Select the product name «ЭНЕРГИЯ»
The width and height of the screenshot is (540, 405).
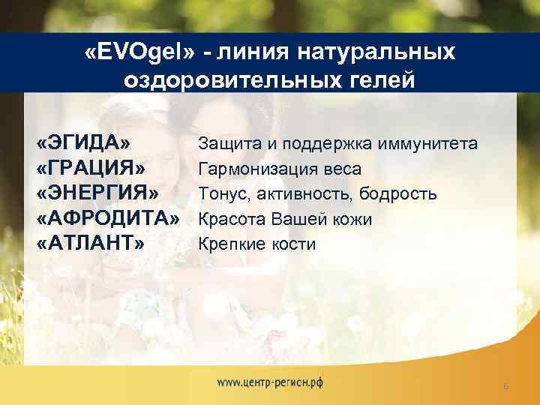click(x=97, y=193)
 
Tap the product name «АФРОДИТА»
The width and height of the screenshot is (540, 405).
click(x=109, y=219)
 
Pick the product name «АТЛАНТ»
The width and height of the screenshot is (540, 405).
click(x=90, y=244)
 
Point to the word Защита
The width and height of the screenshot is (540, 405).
click(x=223, y=143)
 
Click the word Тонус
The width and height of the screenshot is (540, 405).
click(x=220, y=193)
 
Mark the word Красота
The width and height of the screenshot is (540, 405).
click(x=229, y=219)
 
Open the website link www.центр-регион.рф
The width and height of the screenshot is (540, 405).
click(x=270, y=382)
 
